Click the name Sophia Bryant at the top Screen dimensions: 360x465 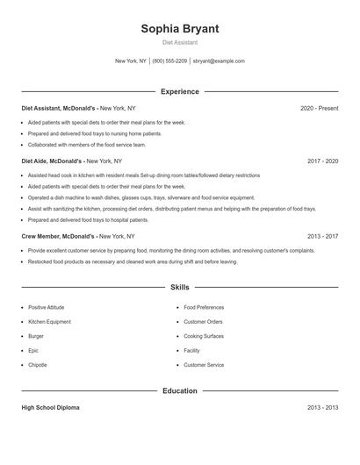179,28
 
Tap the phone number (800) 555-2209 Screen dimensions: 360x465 169,61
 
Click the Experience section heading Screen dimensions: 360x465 179,91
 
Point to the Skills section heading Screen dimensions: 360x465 179,287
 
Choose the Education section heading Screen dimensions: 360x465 179,391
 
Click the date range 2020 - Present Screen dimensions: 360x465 319,108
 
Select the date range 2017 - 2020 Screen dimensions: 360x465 322,161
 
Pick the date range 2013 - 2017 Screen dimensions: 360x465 322,236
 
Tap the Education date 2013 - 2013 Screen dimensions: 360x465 322,408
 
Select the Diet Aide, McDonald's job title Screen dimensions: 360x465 53,161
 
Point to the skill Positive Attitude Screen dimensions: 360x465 46,308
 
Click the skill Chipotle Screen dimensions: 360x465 37,365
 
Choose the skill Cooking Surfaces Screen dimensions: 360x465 204,336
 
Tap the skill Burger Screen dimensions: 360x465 36,336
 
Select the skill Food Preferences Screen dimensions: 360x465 204,308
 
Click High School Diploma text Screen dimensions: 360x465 50,408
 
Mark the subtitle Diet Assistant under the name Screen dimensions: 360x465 179,42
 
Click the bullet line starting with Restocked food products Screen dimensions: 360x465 132,261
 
